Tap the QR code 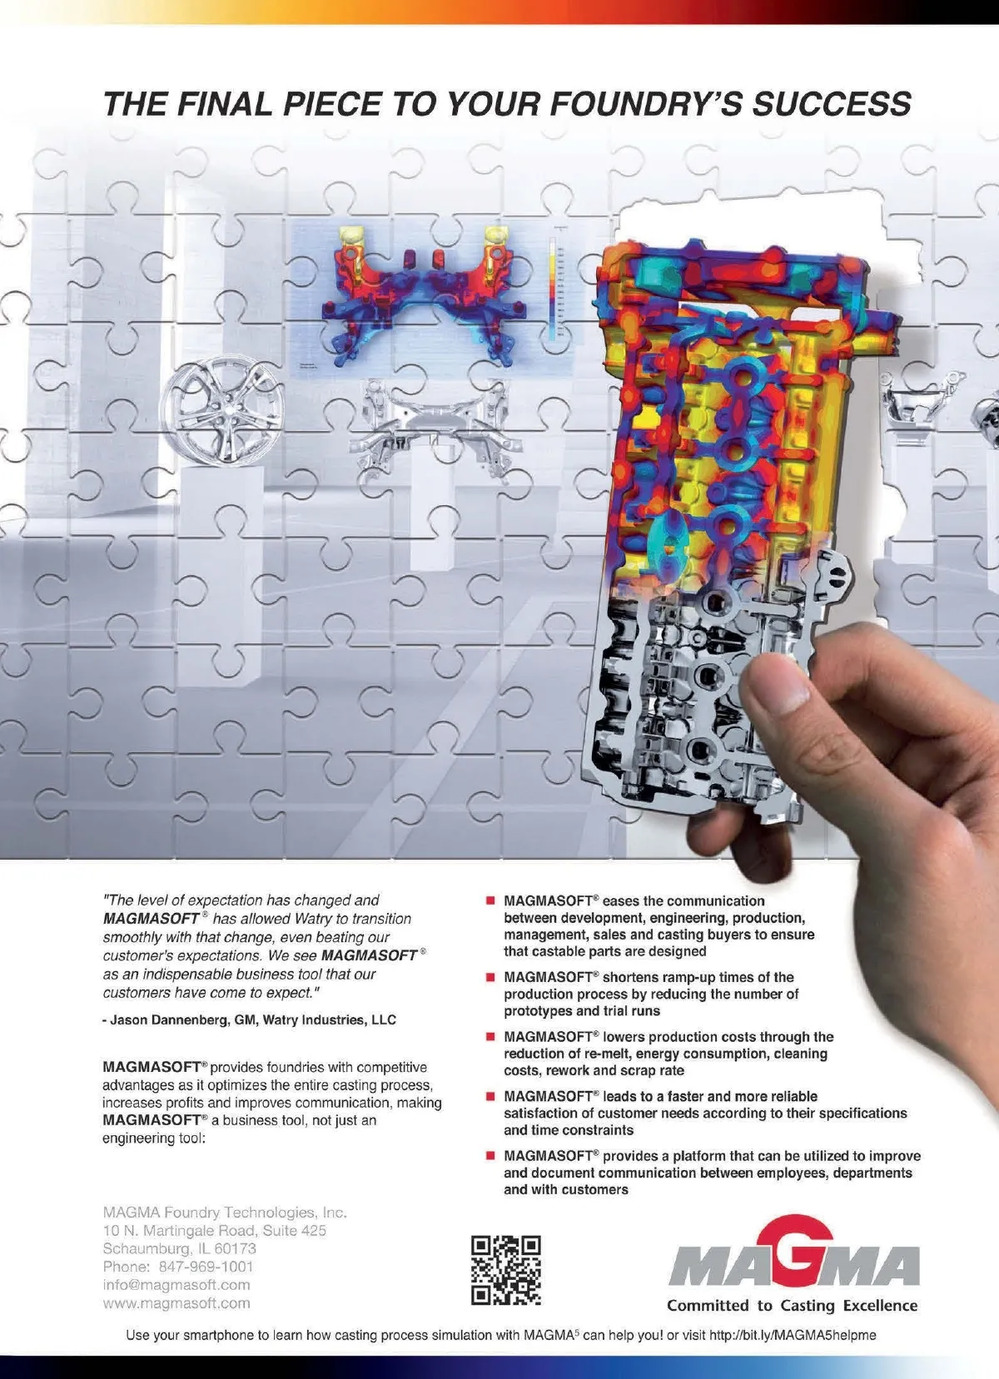[505, 1270]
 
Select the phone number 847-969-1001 [206, 1267]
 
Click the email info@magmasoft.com [176, 1285]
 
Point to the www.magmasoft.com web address [176, 1303]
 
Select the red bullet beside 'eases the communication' [490, 900]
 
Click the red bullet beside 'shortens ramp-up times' [490, 977]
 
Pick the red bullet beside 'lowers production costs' [490, 1037]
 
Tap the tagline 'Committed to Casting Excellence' [792, 1306]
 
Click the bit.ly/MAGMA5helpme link [792, 1335]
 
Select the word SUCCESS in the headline [832, 103]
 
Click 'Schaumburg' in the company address [142, 1248]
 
